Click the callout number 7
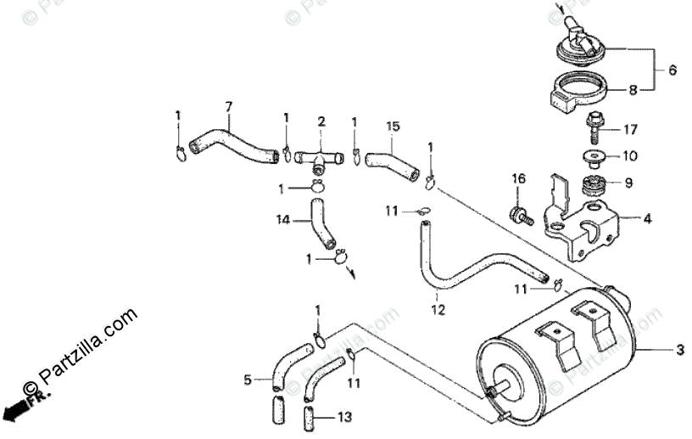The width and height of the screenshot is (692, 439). coord(227,106)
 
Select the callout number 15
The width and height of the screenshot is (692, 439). coord(393,127)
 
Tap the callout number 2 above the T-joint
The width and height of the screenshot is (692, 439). coord(321,122)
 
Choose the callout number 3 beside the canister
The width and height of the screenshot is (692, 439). coord(678,350)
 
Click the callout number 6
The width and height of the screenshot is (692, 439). coord(672,71)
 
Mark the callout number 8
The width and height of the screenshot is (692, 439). coord(633,88)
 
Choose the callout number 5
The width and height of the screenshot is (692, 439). coord(248,380)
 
